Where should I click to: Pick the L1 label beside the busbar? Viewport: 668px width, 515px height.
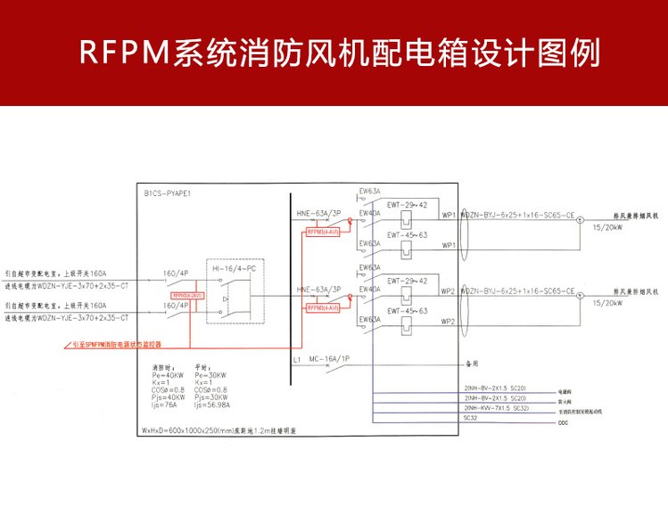[x=296, y=359]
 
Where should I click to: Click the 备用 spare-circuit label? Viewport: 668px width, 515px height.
[x=472, y=364]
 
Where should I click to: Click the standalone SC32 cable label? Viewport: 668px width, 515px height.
[x=470, y=415]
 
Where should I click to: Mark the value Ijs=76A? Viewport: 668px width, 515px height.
[x=167, y=404]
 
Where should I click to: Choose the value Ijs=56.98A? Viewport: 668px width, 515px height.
[x=211, y=404]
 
